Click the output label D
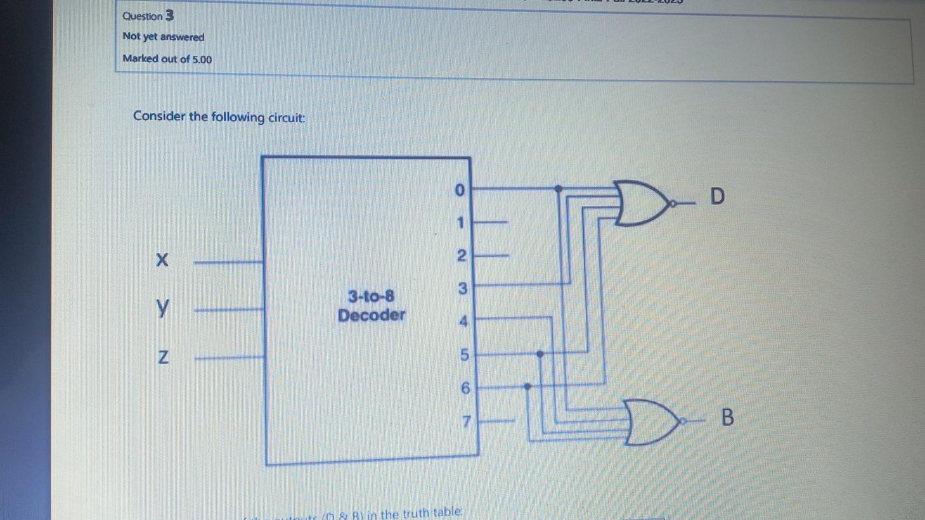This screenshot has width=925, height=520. (x=717, y=196)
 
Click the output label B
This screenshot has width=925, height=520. (x=727, y=417)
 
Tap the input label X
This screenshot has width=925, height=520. (x=162, y=260)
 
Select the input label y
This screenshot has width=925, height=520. (x=163, y=308)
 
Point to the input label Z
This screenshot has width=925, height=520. (x=163, y=357)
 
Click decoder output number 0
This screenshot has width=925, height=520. (x=460, y=190)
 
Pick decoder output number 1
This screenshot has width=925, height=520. (x=461, y=223)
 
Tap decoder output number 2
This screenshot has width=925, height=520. (x=462, y=256)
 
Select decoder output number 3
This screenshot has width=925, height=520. (x=462, y=289)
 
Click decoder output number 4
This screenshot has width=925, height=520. (x=463, y=322)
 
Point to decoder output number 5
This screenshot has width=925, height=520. (x=464, y=355)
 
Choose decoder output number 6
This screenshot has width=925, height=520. (x=465, y=388)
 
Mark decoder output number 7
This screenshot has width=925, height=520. (x=467, y=421)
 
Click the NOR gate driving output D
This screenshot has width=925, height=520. (x=641, y=203)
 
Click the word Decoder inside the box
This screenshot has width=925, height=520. (x=372, y=315)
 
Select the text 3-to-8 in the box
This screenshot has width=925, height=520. (x=372, y=296)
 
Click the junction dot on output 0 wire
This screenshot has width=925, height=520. (x=558, y=189)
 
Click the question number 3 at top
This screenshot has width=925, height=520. (x=169, y=15)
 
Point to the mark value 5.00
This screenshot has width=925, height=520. (x=202, y=60)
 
